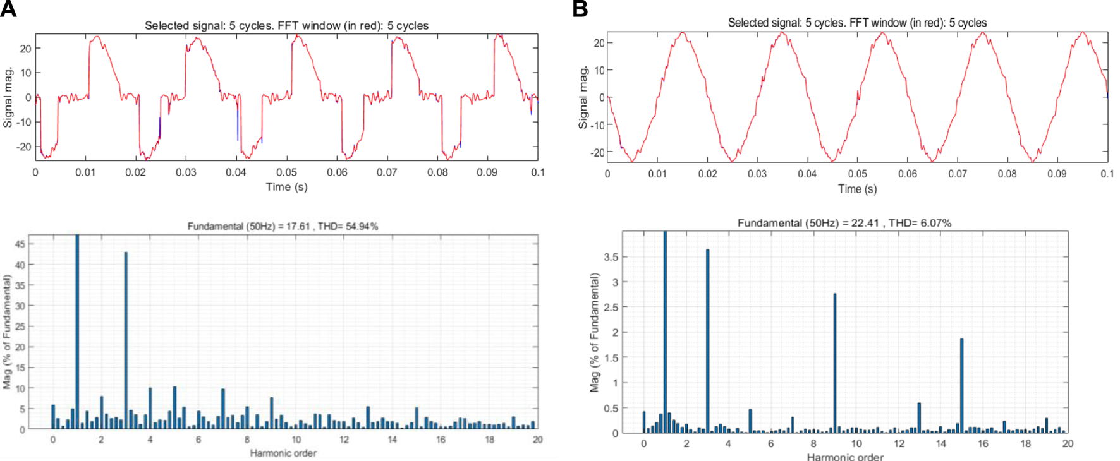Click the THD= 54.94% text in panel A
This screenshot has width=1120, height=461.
tap(348, 226)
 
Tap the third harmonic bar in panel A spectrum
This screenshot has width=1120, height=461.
tap(126, 341)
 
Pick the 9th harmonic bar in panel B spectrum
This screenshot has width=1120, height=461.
tap(835, 363)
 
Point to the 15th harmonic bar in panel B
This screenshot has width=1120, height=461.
tap(961, 385)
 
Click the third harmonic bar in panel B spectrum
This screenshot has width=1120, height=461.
tap(707, 341)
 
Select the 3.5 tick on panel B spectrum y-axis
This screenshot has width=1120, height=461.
tap(611, 257)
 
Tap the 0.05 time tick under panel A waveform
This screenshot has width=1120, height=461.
tap(286, 172)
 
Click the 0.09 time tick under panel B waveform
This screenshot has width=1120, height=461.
tap(1057, 174)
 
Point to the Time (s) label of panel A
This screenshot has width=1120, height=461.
tap(286, 187)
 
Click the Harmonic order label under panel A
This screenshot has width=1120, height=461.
tap(283, 453)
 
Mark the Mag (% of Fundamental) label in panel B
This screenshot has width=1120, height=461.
tap(595, 332)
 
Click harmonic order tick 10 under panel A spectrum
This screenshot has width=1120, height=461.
tap(296, 440)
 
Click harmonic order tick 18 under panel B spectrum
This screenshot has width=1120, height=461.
tap(1025, 444)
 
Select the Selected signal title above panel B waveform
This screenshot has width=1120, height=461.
tap(857, 23)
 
